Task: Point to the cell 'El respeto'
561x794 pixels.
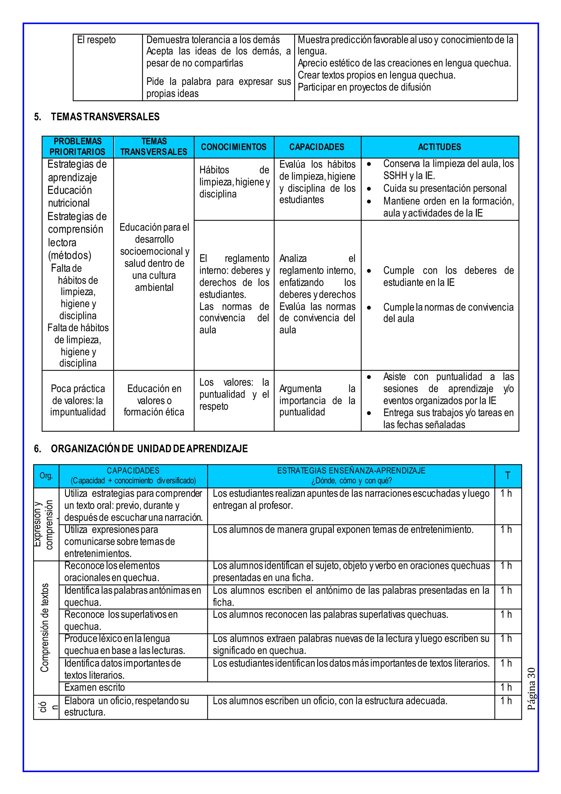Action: coord(96,40)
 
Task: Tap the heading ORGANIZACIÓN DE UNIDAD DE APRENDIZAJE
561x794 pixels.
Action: coord(149,449)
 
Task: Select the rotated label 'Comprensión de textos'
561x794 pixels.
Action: coord(45,628)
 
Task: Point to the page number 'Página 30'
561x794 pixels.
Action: coord(531,688)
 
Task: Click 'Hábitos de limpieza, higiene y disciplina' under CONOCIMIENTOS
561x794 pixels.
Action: coord(234,182)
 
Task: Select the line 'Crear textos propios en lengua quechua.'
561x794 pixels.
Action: coord(377,75)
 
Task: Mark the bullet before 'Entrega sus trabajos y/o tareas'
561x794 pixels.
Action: coord(369,413)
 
